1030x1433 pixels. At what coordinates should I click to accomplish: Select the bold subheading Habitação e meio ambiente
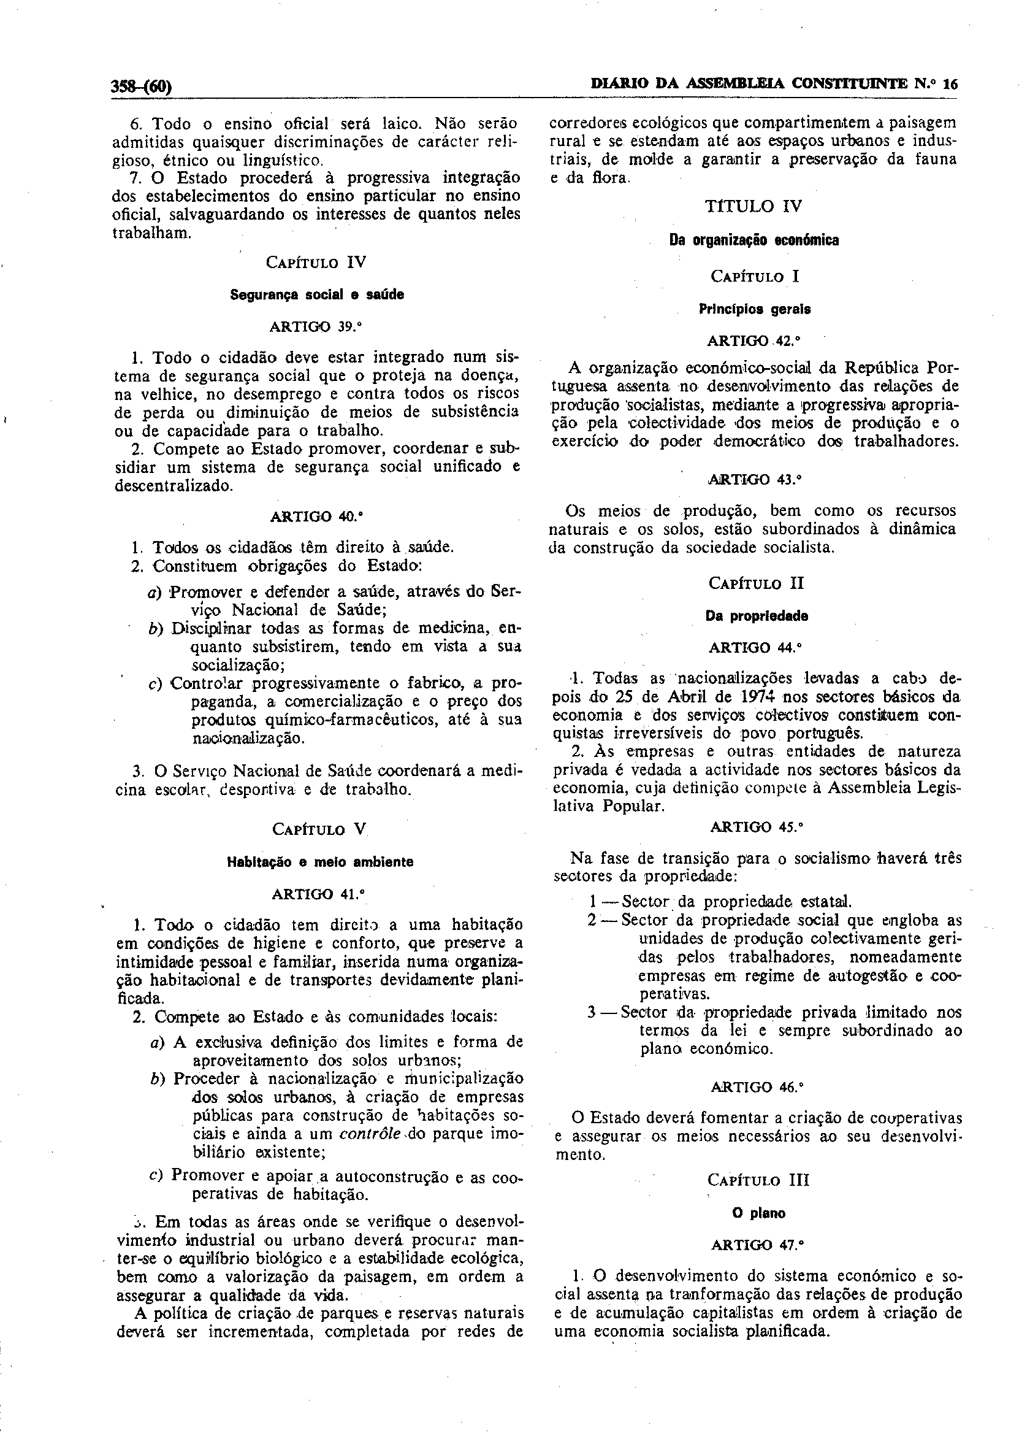tap(320, 862)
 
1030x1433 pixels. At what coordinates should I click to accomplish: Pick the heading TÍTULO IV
tap(753, 206)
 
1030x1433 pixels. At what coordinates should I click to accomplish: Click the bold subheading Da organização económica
tap(754, 240)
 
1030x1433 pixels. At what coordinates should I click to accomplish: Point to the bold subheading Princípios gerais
tap(755, 310)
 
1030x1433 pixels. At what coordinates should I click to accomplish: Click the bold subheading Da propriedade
tap(757, 616)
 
